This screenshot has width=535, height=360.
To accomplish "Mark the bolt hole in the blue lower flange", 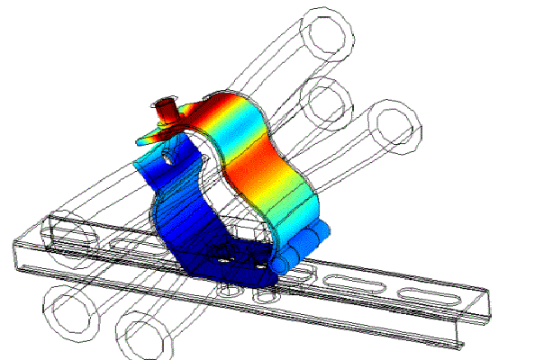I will [x=168, y=153].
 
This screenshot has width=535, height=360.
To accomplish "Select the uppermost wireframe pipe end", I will [x=328, y=31].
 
